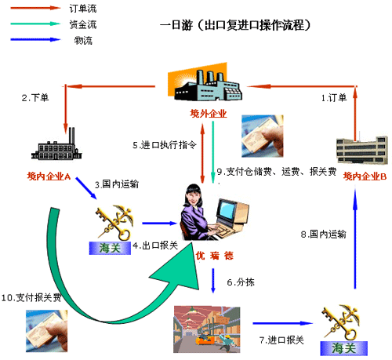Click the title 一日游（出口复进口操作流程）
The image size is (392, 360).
235,25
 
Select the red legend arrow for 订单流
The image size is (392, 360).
35,8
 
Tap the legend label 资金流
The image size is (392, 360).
83,24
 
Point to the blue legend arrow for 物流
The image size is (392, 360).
35,40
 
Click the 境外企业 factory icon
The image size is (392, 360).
205,82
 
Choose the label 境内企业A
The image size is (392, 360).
49,176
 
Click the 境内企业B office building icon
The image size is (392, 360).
362,150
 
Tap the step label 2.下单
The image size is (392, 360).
35,98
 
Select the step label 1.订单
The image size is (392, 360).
334,98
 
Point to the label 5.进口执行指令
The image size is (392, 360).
165,145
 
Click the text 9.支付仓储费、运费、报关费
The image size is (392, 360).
277,172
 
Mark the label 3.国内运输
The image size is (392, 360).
117,184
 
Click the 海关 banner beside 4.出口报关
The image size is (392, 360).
110,248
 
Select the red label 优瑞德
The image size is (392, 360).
215,256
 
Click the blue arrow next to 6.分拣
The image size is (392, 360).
213,281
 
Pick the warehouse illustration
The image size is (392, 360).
207,329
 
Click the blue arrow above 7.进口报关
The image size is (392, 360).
283,323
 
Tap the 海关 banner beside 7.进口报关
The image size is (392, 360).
344,348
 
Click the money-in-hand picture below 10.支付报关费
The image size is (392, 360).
46,331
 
